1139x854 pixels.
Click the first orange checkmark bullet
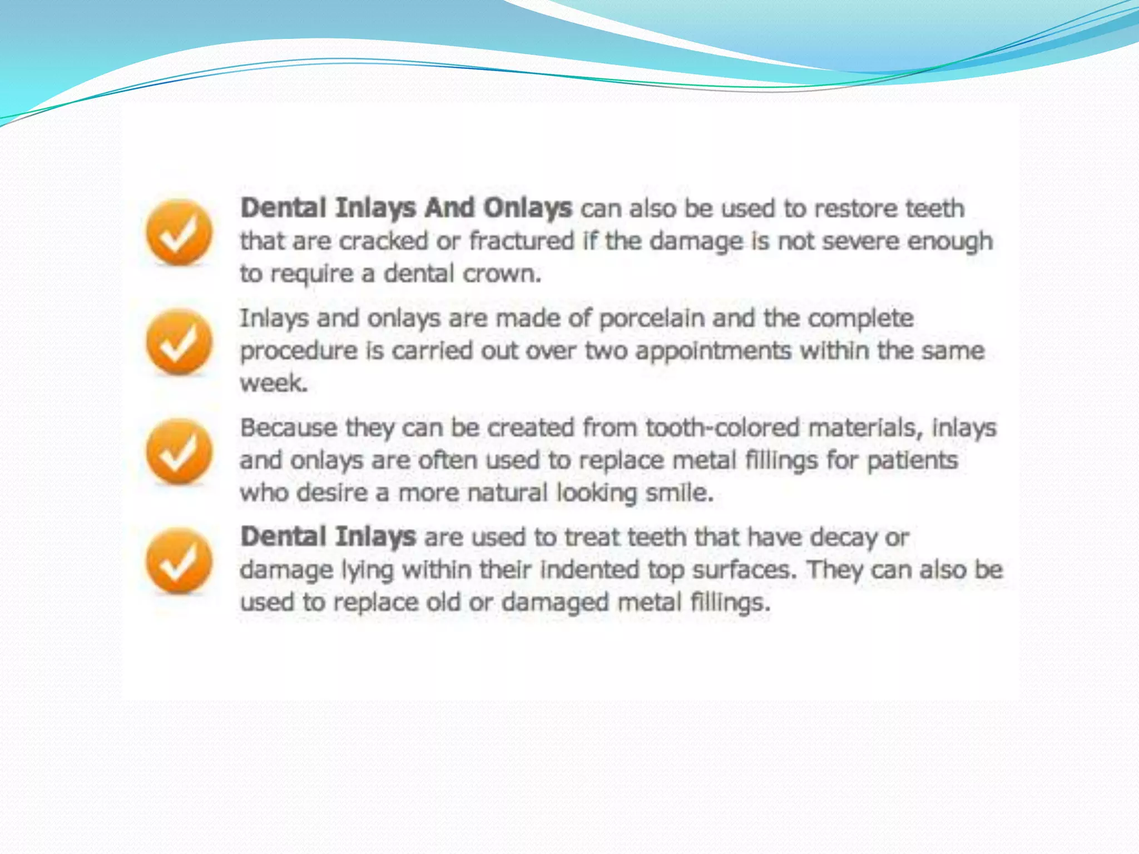179,232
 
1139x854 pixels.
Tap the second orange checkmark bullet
179,341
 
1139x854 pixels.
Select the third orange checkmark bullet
179,451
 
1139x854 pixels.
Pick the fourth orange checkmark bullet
179,560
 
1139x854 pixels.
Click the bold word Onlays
527,208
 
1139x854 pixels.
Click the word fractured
522,241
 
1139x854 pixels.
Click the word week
273,383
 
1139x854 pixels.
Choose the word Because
289,428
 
